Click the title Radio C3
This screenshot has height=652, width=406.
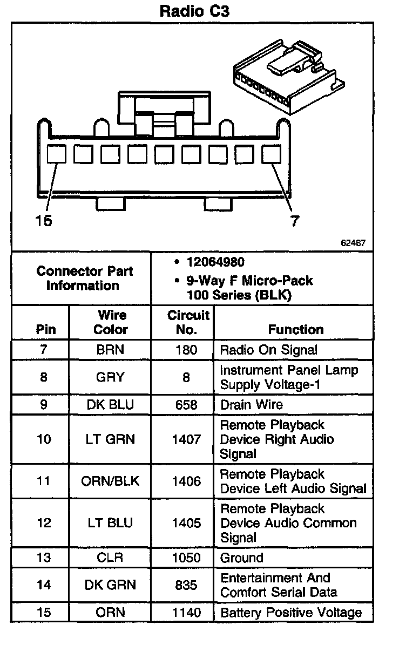tap(194, 11)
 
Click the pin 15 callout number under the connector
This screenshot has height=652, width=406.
tap(44, 221)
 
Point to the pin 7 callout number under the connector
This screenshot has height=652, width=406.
tap(294, 221)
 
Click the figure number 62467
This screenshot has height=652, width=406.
tap(353, 243)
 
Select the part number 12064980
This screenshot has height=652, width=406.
tap(215, 262)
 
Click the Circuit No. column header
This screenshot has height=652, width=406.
tap(188, 322)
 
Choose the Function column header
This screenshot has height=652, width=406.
tap(296, 329)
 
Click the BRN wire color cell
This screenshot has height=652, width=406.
tap(110, 350)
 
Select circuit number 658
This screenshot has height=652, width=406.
tap(186, 405)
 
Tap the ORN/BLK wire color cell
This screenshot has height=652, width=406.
tap(110, 481)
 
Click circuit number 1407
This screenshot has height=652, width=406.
tap(186, 439)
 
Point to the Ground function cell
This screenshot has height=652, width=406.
tap(241, 558)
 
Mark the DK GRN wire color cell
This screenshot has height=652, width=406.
tap(110, 585)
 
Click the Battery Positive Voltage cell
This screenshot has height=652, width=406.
tap(290, 613)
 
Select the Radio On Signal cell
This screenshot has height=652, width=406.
tap(268, 350)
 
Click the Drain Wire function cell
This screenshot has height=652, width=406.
tap(251, 405)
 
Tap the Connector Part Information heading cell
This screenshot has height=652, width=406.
tap(85, 278)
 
